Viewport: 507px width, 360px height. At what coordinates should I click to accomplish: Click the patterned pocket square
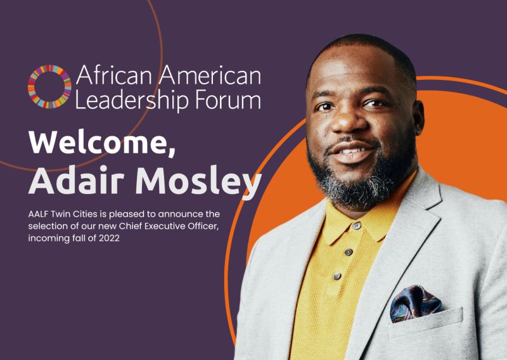click(414, 303)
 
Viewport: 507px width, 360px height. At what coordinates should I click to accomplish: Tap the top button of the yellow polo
click(357, 226)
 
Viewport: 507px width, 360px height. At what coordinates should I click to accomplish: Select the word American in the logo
click(209, 76)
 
